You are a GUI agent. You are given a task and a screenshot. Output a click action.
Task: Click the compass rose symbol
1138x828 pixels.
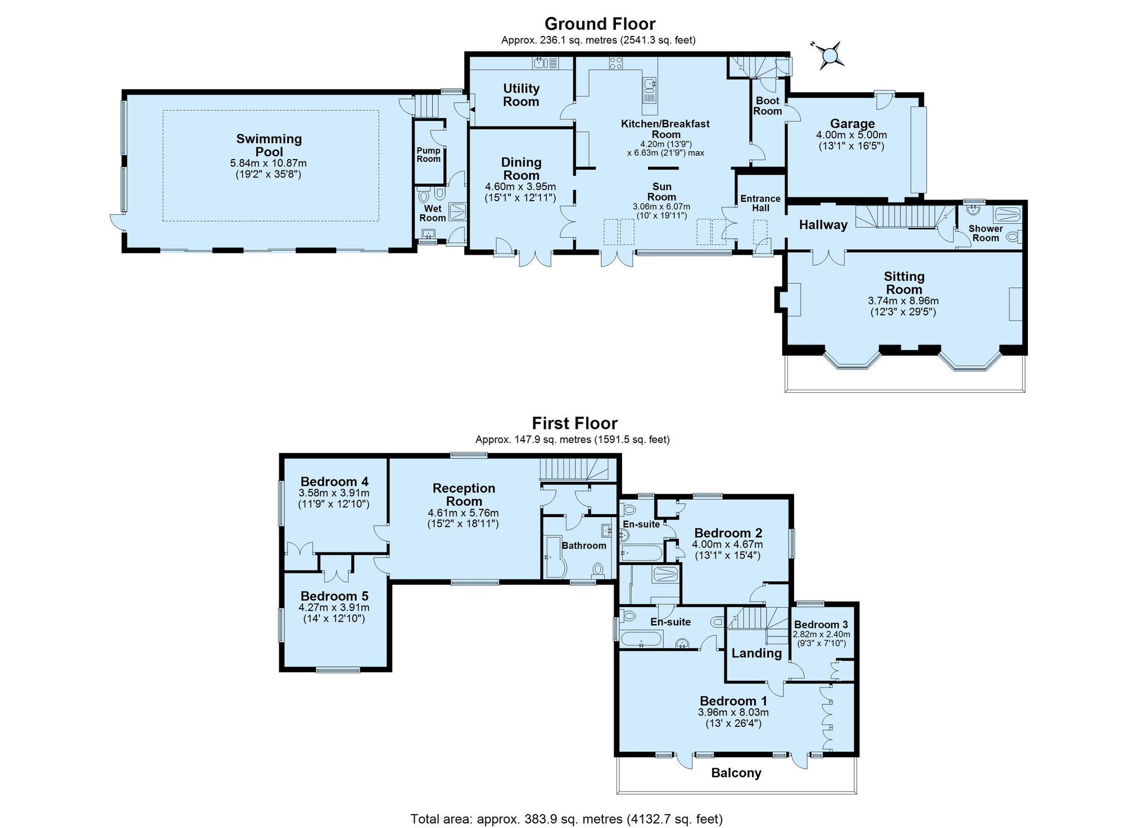click(x=828, y=55)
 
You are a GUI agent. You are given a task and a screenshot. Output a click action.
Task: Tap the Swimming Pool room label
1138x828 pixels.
click(x=269, y=145)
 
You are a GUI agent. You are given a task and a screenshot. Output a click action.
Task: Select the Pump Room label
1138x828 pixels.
click(x=428, y=155)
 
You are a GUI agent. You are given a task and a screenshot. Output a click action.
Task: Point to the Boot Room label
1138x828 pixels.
click(x=767, y=106)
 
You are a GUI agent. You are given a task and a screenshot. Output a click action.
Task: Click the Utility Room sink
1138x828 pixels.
click(x=541, y=63)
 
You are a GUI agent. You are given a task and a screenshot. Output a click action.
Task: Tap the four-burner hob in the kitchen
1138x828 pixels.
click(x=615, y=63)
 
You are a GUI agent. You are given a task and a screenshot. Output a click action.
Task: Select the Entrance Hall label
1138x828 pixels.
click(x=760, y=203)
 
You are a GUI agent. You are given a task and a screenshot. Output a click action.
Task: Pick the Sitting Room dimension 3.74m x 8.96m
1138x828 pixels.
click(x=903, y=301)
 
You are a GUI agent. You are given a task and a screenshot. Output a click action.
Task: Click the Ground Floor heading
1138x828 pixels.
click(x=600, y=24)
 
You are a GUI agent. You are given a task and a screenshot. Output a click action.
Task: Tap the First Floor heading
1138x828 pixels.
click(x=574, y=423)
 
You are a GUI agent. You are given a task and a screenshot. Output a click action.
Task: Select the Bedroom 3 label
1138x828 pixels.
click(x=820, y=625)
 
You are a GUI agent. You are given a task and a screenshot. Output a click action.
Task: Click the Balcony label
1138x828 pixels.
click(x=736, y=773)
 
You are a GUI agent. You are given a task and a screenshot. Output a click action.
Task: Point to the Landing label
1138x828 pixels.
click(x=756, y=653)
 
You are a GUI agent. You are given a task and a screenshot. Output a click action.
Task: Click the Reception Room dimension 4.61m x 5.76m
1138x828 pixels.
click(x=463, y=513)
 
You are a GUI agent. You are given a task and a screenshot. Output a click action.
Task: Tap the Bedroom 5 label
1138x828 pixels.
click(x=334, y=596)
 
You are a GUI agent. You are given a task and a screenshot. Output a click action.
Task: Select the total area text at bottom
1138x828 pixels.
click(x=566, y=818)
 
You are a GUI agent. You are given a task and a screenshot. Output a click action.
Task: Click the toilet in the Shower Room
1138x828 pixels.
click(x=1013, y=238)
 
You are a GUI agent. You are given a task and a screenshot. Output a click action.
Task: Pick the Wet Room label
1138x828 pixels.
click(x=432, y=213)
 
